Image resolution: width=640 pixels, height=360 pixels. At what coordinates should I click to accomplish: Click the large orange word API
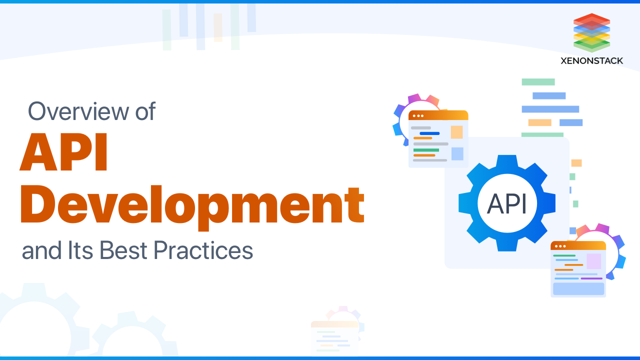point(64,152)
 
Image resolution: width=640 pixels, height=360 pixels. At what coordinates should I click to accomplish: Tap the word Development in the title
point(192,205)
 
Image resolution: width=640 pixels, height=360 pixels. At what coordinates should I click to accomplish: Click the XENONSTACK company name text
point(592,60)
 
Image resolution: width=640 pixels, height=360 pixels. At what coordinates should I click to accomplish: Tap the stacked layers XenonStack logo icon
point(592,32)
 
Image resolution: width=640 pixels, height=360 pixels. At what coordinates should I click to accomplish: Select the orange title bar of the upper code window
point(438,115)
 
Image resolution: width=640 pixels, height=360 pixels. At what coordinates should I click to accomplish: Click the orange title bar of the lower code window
point(578,245)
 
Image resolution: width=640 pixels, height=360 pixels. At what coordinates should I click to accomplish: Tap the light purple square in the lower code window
point(593,261)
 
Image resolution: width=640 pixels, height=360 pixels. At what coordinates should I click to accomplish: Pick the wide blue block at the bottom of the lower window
point(578,288)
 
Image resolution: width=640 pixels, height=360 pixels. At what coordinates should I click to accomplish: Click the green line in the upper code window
point(426,150)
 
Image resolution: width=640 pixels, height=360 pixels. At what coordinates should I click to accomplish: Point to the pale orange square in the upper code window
point(456,132)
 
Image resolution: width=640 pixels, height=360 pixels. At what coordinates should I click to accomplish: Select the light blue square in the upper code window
point(457,153)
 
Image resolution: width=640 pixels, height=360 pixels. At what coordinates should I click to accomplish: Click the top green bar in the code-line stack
point(538,82)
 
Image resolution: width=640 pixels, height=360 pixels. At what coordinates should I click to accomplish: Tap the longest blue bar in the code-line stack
point(550,109)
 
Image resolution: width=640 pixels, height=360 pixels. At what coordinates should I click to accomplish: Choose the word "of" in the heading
point(145,111)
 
